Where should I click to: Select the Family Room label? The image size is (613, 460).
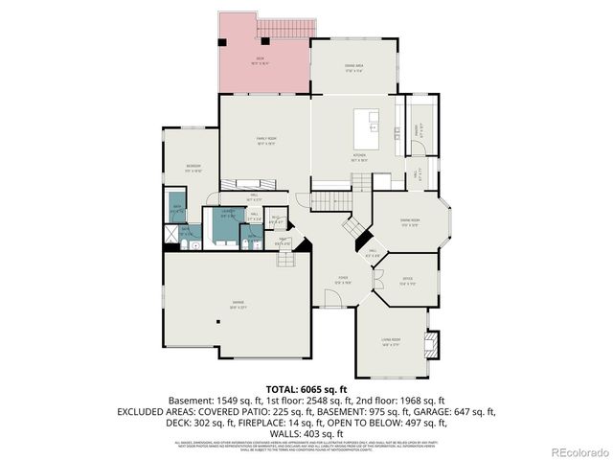pyautogui.click(x=265, y=141)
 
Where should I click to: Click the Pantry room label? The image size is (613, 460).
pyautogui.click(x=417, y=126)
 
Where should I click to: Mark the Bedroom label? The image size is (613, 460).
pyautogui.click(x=193, y=167)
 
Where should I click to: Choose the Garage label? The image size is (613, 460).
pyautogui.click(x=237, y=306)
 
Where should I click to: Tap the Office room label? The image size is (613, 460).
pyautogui.click(x=406, y=280)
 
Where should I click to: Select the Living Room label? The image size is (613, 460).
pyautogui.click(x=391, y=341)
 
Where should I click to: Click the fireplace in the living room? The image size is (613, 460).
pyautogui.click(x=433, y=342)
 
